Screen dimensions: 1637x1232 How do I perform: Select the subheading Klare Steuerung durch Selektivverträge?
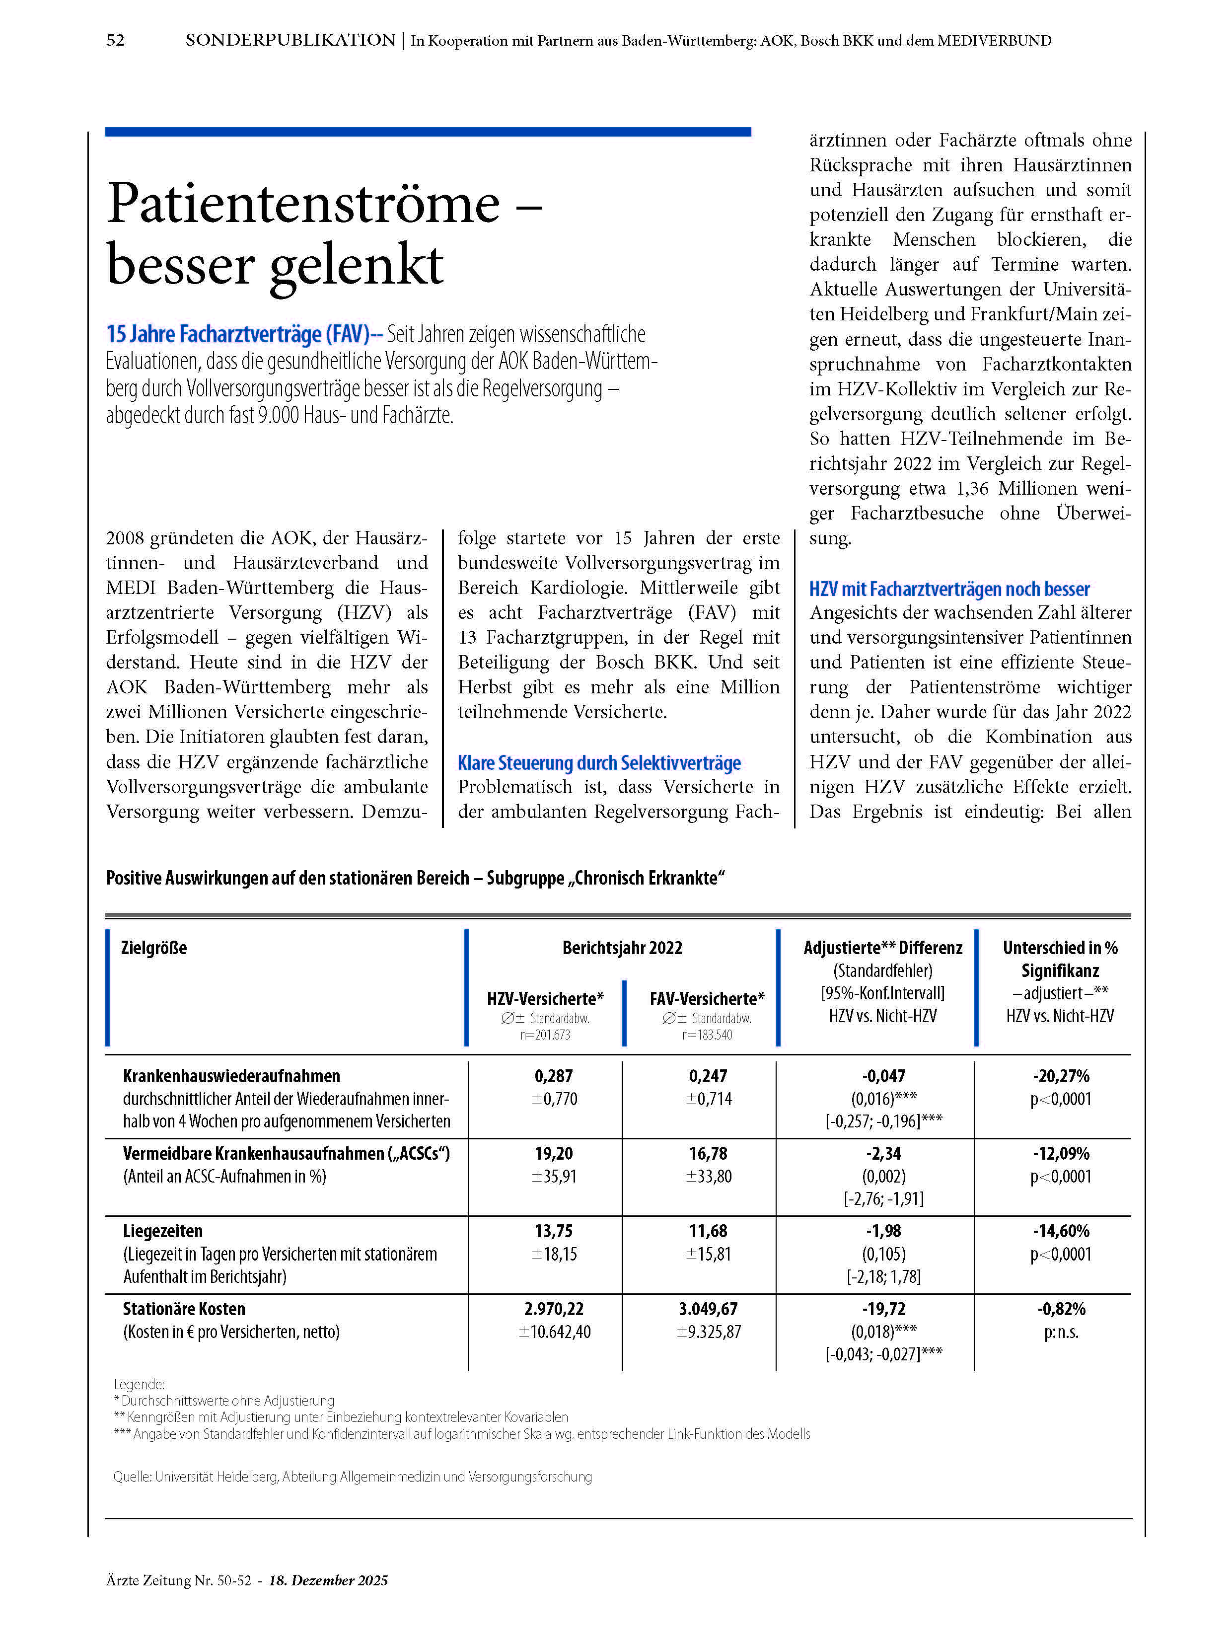[x=598, y=762]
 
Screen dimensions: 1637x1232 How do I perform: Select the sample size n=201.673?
[x=545, y=1035]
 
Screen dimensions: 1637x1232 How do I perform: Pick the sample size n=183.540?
[x=707, y=1035]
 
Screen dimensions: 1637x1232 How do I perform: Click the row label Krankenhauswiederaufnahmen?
[x=231, y=1076]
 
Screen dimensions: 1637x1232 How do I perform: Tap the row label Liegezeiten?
[x=163, y=1231]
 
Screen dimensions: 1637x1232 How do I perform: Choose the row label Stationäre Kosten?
[x=184, y=1308]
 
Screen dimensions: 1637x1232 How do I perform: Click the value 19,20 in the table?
[x=554, y=1153]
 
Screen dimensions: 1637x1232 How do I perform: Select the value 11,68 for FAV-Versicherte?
[x=708, y=1231]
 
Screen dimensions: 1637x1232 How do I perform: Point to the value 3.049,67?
[x=708, y=1308]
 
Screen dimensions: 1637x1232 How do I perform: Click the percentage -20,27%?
[x=1060, y=1076]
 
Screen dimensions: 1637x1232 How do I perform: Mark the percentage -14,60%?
[x=1060, y=1231]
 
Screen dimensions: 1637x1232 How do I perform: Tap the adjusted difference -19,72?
[x=883, y=1308]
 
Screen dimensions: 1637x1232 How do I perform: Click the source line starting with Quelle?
[x=352, y=1477]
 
